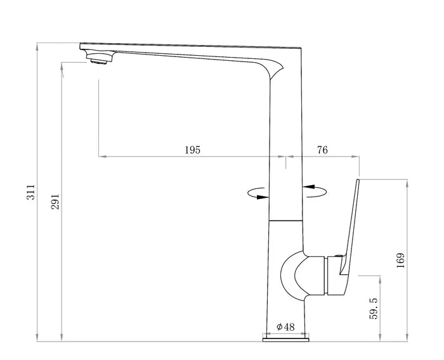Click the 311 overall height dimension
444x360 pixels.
30,192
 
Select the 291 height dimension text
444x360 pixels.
55,202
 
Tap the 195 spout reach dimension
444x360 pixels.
193,150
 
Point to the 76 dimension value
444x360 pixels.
322,150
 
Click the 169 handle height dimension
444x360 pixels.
401,260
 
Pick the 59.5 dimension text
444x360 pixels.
374,309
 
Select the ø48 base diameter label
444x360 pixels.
285,327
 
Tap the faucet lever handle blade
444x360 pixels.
350,226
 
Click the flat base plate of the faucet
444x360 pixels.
285,340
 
